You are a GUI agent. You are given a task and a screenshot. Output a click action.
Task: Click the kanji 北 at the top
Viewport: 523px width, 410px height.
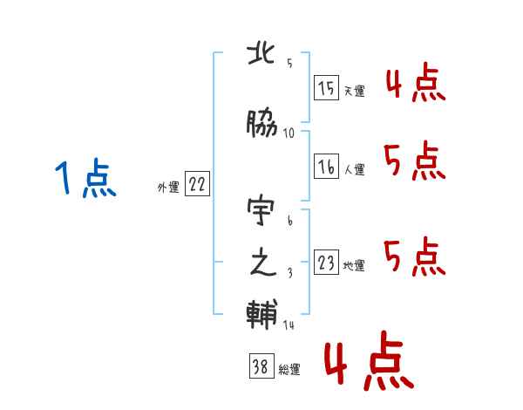[x=261, y=54]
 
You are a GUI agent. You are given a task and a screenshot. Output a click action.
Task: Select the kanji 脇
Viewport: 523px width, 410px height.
[x=261, y=123]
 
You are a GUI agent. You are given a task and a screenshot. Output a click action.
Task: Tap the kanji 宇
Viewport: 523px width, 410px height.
[x=261, y=210]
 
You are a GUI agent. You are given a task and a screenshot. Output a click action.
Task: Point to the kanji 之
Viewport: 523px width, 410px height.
[x=263, y=263]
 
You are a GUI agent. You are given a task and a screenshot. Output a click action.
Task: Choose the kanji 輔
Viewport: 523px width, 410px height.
[x=261, y=314]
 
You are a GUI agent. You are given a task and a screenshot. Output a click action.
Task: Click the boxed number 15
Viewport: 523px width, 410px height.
[x=326, y=87]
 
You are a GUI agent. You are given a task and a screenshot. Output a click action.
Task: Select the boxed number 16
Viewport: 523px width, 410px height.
[x=326, y=166]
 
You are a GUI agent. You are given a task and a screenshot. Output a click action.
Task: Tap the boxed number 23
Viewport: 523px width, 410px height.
[x=326, y=262]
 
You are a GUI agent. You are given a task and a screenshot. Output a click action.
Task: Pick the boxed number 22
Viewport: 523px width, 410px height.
[x=197, y=183]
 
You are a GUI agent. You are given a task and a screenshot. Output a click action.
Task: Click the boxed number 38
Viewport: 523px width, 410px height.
[x=261, y=366]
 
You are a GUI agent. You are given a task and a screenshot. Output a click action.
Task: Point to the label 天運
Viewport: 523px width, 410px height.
[x=355, y=91]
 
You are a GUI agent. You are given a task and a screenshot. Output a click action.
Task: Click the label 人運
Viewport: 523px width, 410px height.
[x=355, y=169]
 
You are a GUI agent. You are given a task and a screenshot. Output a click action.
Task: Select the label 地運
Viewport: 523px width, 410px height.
[x=354, y=266]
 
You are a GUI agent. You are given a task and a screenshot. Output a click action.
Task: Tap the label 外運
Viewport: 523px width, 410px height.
[x=168, y=188]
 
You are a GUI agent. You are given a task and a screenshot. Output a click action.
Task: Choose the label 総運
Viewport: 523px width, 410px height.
[x=289, y=370]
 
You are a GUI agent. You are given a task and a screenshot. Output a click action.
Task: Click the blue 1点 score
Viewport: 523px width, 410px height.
[x=85, y=178]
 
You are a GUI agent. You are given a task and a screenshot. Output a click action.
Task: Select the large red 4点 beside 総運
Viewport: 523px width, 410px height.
[x=370, y=361]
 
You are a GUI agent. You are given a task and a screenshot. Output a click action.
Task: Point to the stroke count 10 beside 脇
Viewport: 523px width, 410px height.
[x=289, y=133]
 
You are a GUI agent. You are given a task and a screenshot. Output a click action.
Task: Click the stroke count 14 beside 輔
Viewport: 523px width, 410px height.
[x=289, y=325]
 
